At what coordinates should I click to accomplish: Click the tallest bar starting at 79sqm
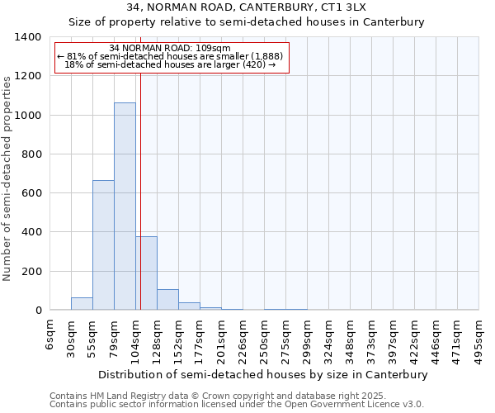[x=125, y=206]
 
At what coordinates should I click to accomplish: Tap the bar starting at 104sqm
[x=147, y=273]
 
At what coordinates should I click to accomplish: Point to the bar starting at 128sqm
[x=167, y=300]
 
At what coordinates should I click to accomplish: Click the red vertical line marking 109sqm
[x=141, y=182]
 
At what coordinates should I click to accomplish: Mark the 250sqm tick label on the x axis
[x=265, y=339]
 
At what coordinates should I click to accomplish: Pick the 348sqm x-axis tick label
[x=351, y=339]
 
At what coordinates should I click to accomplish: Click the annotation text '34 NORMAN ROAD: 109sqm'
[x=170, y=48]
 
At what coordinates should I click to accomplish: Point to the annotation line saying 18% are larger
[x=170, y=64]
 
